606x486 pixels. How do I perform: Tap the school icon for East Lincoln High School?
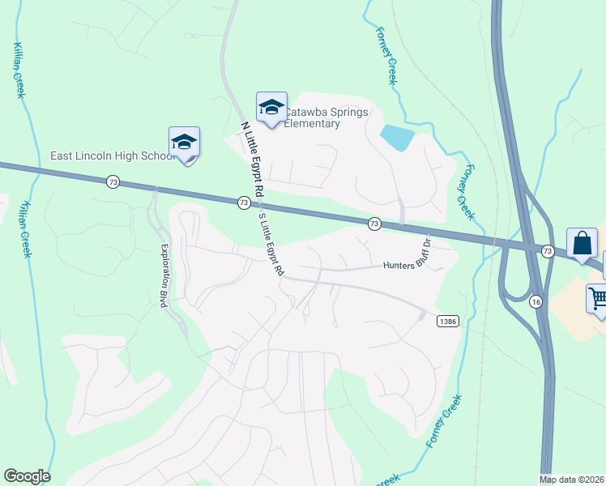click(185, 142)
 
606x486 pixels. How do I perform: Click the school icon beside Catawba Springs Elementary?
click(271, 107)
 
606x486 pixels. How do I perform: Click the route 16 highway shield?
click(536, 301)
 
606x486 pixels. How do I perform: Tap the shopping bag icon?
click(583, 243)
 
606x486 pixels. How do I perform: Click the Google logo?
click(27, 476)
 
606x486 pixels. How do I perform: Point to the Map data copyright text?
click(572, 480)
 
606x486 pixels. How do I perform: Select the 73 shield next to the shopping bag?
click(548, 251)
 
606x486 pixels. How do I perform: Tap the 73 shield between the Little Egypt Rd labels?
click(244, 202)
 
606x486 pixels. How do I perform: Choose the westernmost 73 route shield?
click(112, 183)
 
